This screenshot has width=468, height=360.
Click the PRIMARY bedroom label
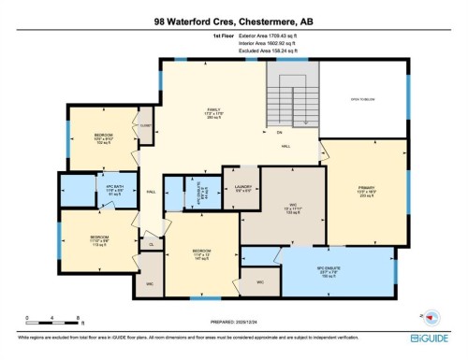(x=365, y=190)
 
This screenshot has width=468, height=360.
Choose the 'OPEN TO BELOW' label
(x=363, y=98)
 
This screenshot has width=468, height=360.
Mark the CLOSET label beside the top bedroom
(x=146, y=122)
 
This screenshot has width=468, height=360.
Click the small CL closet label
(x=153, y=245)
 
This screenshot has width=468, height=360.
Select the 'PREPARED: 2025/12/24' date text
(x=233, y=324)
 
